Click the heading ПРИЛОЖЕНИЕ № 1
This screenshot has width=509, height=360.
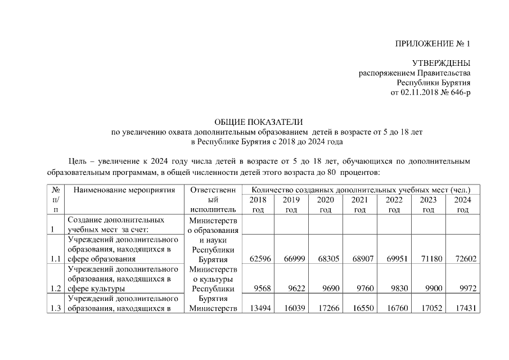[433, 43]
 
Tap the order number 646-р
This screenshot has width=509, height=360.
[457, 92]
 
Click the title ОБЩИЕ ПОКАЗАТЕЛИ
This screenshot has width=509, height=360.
[259, 122]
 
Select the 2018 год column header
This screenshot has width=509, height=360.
[257, 205]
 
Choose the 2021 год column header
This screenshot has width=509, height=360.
[359, 205]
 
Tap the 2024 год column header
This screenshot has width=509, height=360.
[462, 205]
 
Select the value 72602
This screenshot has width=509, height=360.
[465, 259]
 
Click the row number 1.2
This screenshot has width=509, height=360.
[55, 289]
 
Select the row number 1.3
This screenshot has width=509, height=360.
[55, 308]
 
